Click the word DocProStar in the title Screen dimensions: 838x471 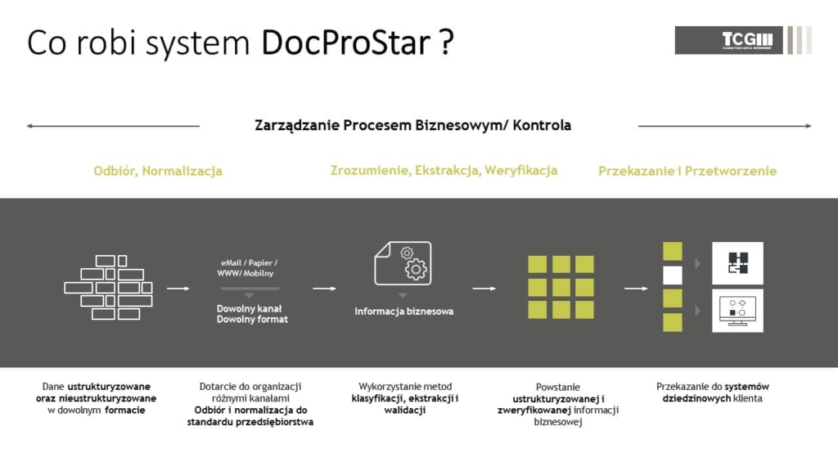[x=346, y=43]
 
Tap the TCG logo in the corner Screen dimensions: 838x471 [x=743, y=40]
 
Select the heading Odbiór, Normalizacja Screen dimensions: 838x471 [x=158, y=171]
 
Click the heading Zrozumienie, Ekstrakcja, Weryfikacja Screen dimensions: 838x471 [x=444, y=170]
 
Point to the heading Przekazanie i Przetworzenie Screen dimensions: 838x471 [x=687, y=171]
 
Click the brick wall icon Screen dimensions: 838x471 [x=109, y=287]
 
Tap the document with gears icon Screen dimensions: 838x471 [x=403, y=262]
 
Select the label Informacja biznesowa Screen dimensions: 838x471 [x=404, y=312]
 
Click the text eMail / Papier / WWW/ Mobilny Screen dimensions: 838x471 [x=248, y=268]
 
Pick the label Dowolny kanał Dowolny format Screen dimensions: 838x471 [x=252, y=314]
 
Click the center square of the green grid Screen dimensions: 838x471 [x=561, y=287]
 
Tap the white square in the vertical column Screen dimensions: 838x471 [x=673, y=276]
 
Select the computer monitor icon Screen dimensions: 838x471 [x=737, y=311]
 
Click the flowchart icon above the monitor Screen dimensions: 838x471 [x=737, y=262]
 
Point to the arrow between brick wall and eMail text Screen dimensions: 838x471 [x=178, y=289]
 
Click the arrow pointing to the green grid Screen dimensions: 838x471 [x=484, y=289]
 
